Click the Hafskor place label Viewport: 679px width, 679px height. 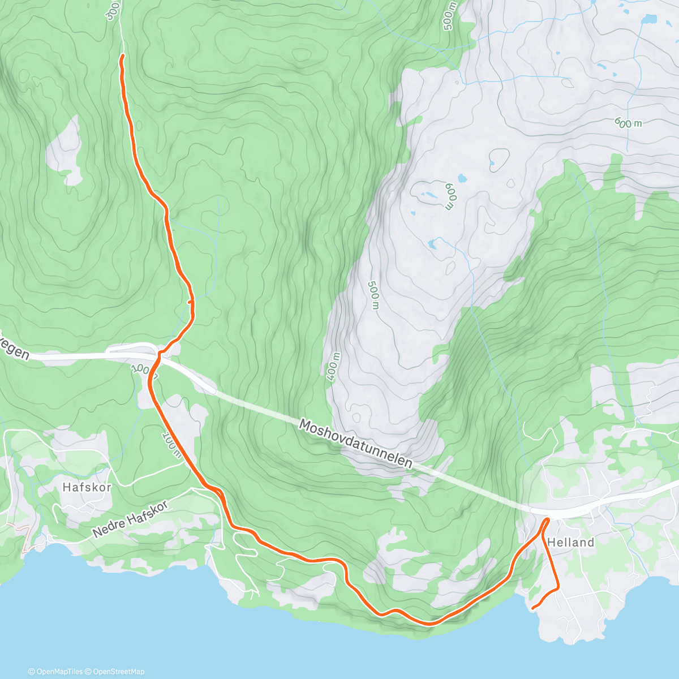(x=87, y=487)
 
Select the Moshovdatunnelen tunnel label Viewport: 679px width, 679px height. (x=355, y=443)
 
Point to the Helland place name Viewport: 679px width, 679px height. (x=571, y=542)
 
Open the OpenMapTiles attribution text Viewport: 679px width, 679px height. (x=58, y=672)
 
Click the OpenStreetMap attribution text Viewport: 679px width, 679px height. (x=118, y=672)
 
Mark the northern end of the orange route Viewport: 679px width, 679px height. (x=122, y=55)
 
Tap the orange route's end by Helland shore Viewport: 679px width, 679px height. (x=534, y=608)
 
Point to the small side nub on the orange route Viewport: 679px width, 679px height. (x=190, y=302)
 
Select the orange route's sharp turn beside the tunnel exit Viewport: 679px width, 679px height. (x=547, y=519)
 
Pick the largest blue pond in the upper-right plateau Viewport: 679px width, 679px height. (x=648, y=19)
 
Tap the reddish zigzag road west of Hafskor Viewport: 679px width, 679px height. (x=25, y=538)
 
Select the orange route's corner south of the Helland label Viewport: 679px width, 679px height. (x=558, y=588)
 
